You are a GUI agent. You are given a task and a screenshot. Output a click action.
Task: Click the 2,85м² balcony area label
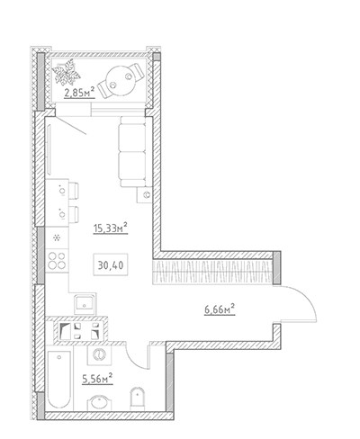(x=79, y=93)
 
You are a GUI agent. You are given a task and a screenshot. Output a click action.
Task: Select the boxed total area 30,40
(x=111, y=265)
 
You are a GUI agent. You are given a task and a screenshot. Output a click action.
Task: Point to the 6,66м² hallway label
(x=220, y=309)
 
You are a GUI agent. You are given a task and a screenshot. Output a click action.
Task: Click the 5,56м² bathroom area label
(x=97, y=379)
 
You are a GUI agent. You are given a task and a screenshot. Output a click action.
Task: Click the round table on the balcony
(x=121, y=80)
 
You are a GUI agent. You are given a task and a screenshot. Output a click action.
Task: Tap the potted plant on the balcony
(x=67, y=73)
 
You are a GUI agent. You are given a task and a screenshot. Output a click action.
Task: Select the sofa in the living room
(x=133, y=152)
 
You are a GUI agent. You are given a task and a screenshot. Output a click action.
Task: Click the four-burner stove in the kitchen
(x=57, y=260)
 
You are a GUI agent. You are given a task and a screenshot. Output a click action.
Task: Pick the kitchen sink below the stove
(x=85, y=304)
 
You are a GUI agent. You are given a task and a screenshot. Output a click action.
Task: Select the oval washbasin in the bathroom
(x=100, y=402)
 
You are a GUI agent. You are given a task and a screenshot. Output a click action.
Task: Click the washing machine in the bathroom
(x=99, y=354)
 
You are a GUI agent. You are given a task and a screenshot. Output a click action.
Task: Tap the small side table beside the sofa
(x=144, y=195)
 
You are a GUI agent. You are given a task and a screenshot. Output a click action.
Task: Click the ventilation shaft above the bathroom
(x=80, y=330)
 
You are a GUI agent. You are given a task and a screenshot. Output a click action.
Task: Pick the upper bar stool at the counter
(x=74, y=191)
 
